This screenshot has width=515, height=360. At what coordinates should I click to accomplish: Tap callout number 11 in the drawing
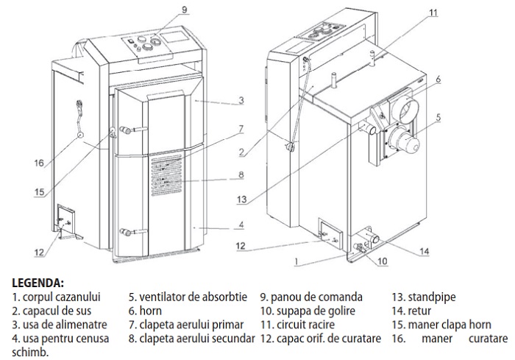pos(433,13)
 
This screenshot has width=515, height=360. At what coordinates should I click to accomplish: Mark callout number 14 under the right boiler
pos(424,251)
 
